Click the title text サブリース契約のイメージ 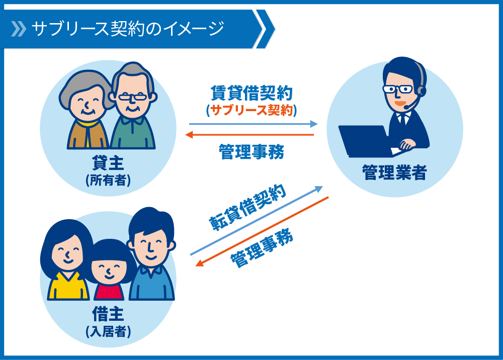(127, 29)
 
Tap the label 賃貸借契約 (251, 94)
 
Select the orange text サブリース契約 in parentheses (251, 110)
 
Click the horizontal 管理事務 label (251, 152)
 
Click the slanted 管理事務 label (262, 247)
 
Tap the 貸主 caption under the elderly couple (108, 163)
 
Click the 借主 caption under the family (108, 314)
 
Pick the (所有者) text (108, 180)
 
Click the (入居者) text (108, 331)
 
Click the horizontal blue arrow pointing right (253, 124)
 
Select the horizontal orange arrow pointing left (249, 135)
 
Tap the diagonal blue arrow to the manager (257, 221)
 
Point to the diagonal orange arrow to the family (262, 231)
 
